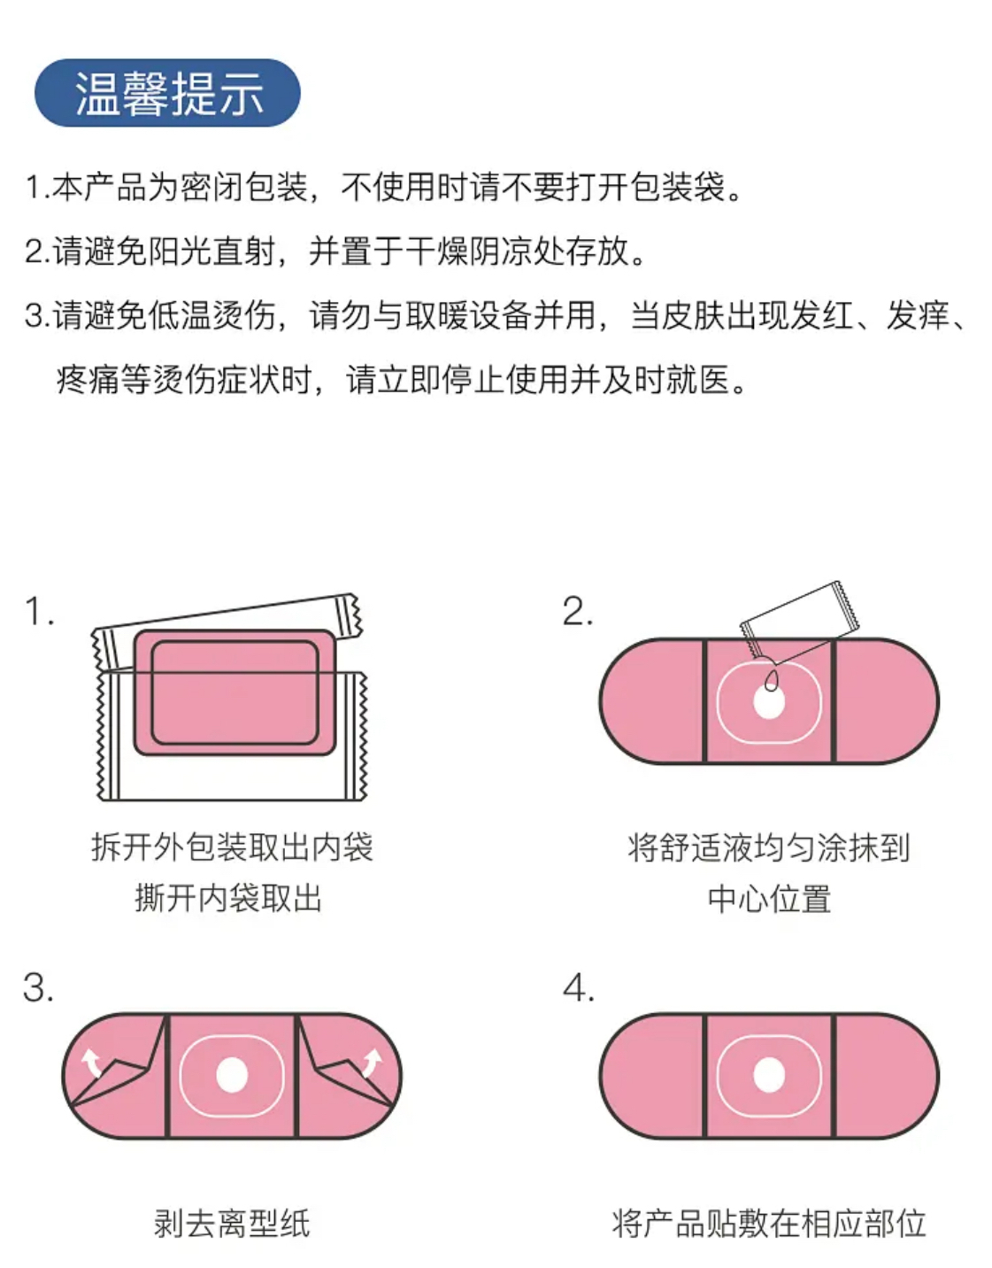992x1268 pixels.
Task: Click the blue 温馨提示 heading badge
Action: (x=167, y=93)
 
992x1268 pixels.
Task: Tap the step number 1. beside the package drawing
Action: (x=40, y=612)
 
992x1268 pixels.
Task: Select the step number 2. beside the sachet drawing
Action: (x=578, y=612)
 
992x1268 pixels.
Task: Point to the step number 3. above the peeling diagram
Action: (x=38, y=988)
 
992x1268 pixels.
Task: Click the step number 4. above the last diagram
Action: (x=579, y=988)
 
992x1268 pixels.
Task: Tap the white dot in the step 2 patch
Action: (x=769, y=702)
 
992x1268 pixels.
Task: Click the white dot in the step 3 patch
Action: (x=232, y=1075)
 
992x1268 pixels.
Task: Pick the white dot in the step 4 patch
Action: (x=769, y=1075)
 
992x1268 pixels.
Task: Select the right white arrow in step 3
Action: (x=372, y=1062)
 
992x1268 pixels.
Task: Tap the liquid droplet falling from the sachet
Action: (x=773, y=680)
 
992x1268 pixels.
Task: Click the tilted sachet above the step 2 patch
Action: (x=800, y=622)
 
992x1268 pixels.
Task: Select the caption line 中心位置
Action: (x=769, y=900)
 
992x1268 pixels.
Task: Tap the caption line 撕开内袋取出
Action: (x=228, y=898)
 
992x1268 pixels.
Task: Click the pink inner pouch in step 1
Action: (x=235, y=692)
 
